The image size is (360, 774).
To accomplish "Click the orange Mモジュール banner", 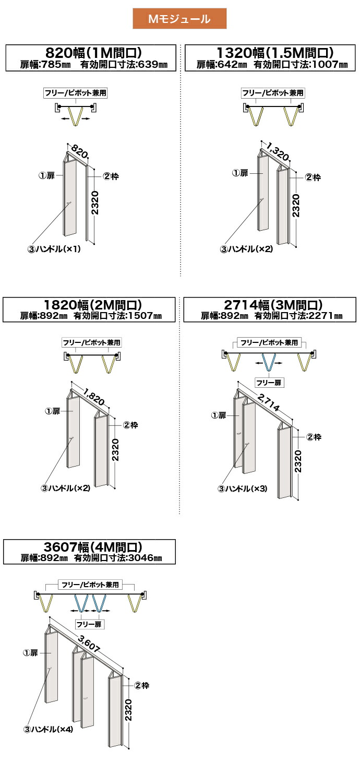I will click(x=179, y=19).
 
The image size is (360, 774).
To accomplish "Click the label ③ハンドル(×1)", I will click(x=54, y=249).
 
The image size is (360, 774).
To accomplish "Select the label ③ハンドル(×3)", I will click(x=243, y=489).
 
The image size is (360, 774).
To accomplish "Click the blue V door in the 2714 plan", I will click(x=268, y=362).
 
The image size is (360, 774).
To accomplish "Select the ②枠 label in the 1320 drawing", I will click(x=313, y=177).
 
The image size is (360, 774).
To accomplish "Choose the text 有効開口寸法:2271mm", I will click(x=298, y=316).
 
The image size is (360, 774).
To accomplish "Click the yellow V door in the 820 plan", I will click(x=76, y=115).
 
